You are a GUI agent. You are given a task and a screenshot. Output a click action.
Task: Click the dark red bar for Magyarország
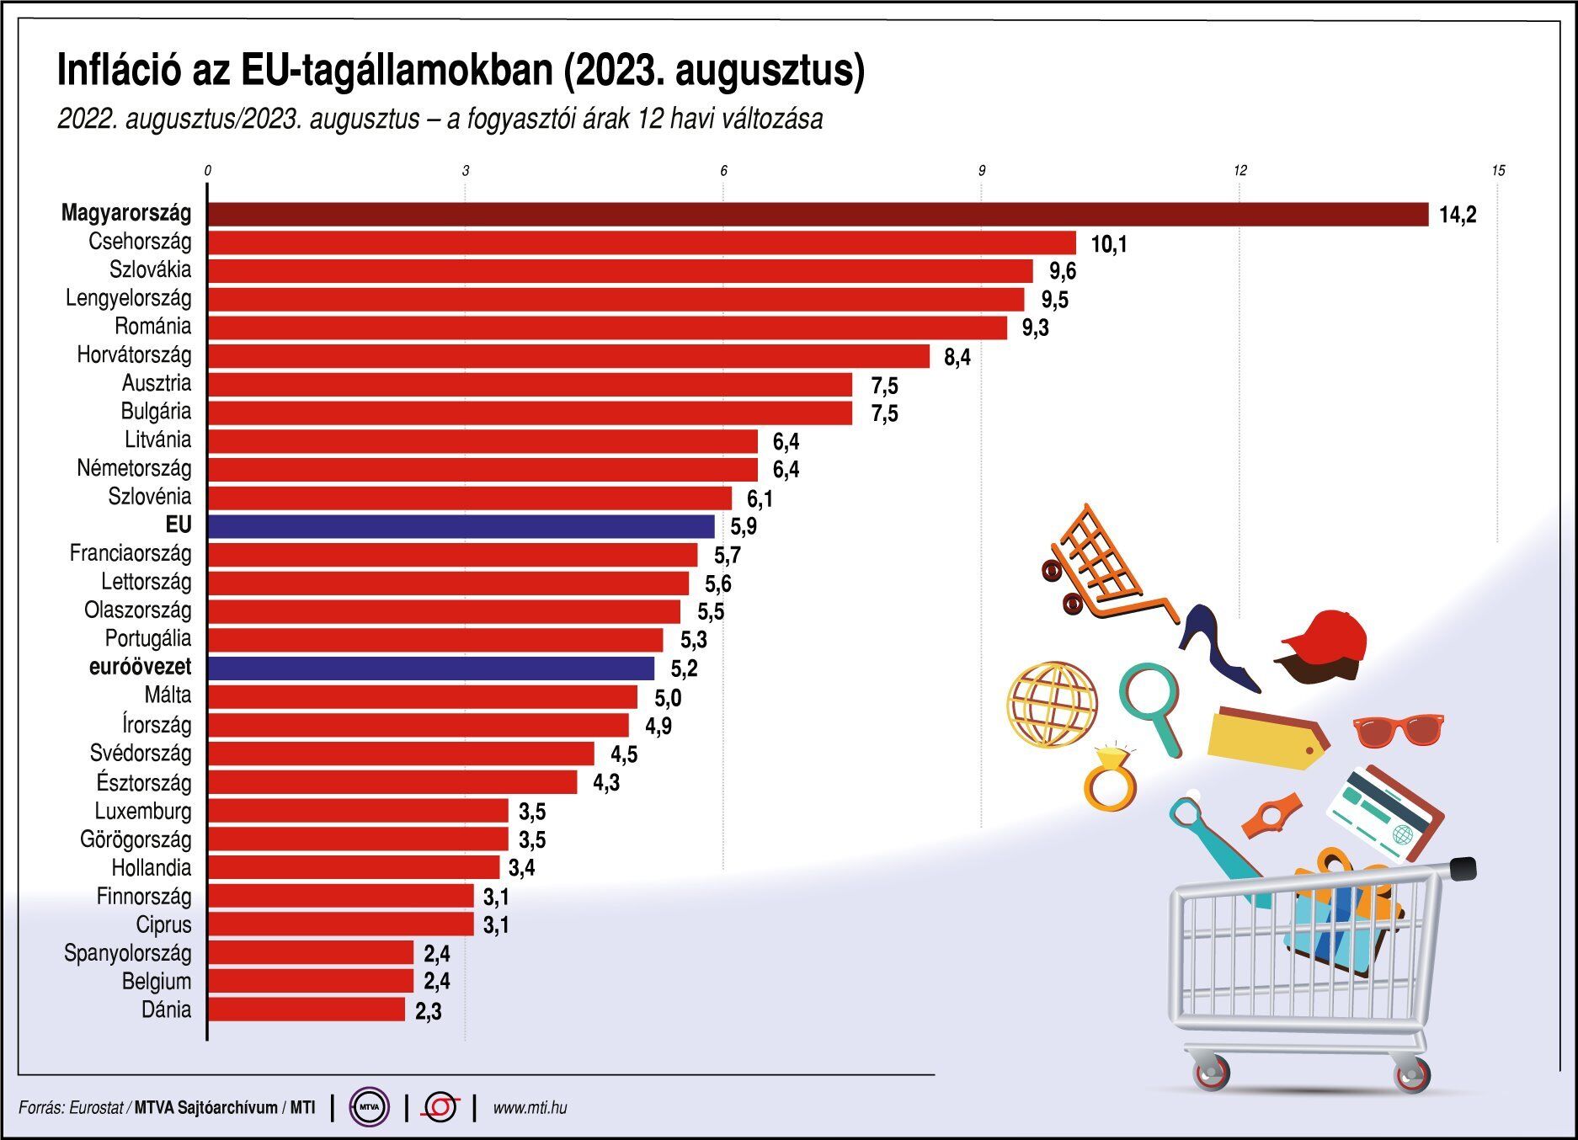pos(817,214)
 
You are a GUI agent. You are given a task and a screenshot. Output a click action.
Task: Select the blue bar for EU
pos(461,526)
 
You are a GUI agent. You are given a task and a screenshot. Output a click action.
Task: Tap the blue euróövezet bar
pos(430,668)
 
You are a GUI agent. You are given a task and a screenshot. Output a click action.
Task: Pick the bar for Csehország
pos(642,242)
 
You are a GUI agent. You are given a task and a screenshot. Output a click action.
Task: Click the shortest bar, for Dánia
pos(307,1009)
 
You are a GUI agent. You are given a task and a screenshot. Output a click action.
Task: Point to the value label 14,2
pos(1458,216)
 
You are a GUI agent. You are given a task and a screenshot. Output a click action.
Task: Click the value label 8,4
pos(957,358)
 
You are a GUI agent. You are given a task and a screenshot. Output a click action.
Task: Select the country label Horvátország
pos(134,355)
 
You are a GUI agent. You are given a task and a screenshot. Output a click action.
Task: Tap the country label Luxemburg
pos(143,812)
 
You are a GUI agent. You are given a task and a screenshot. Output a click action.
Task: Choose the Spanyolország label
pos(128,953)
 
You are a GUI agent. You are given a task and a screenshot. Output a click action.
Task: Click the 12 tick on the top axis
pos(1239,171)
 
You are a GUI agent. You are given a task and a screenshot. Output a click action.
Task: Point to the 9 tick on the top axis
pos(981,171)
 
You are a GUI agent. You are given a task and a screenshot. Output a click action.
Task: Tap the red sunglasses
pos(1399,729)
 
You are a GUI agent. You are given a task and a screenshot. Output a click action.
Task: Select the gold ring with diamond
pos(1110,779)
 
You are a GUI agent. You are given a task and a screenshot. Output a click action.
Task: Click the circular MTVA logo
pos(370,1107)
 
